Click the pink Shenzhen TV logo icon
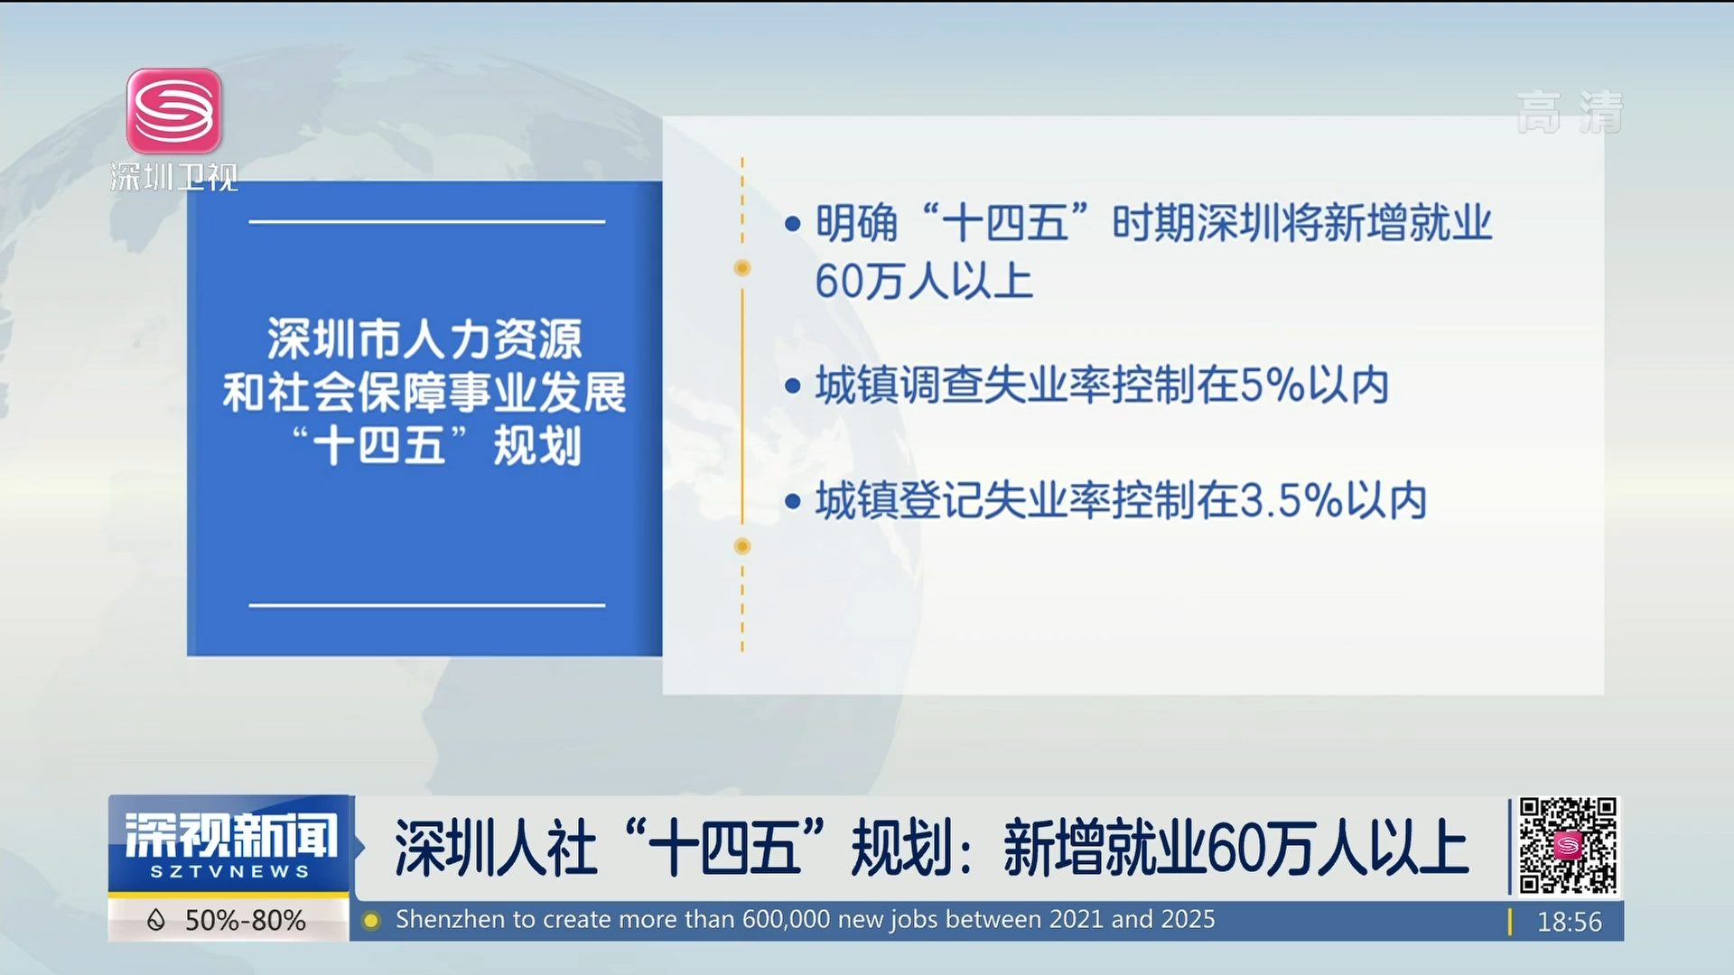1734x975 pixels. [174, 111]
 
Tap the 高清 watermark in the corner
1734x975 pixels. [1570, 112]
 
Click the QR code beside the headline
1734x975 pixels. [1568, 846]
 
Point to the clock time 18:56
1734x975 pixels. [1570, 922]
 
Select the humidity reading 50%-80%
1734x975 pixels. [246, 921]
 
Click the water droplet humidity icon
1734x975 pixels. [156, 920]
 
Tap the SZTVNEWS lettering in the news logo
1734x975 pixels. [229, 872]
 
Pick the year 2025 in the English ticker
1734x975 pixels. [1188, 919]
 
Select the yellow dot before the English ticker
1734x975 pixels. [370, 921]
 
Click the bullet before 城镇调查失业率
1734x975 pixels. [793, 386]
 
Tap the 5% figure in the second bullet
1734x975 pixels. [1273, 385]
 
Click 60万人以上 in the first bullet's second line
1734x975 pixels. [924, 281]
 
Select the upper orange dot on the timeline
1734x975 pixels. [742, 268]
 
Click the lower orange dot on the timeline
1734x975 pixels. [742, 546]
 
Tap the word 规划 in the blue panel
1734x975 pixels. [537, 446]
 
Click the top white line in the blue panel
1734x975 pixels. [427, 221]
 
